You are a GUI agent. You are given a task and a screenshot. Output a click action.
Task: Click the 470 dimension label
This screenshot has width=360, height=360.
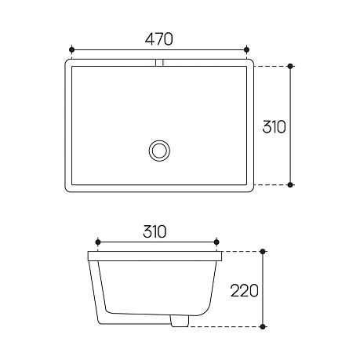click(x=158, y=39)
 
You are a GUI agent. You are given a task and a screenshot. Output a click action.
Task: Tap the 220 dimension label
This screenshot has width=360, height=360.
click(x=244, y=290)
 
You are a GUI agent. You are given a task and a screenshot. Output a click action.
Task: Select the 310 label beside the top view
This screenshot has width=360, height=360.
click(x=274, y=127)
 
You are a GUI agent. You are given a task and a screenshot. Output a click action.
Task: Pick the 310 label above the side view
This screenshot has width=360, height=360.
click(x=155, y=231)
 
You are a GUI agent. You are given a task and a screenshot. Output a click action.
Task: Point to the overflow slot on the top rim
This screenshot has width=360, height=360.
click(x=159, y=63)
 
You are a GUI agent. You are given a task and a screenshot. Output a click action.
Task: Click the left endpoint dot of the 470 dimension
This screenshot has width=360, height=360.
click(x=71, y=49)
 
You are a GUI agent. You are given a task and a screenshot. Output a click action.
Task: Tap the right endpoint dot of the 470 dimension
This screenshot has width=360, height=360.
click(x=246, y=49)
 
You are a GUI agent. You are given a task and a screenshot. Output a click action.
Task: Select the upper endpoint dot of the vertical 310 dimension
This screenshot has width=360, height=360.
click(x=290, y=66)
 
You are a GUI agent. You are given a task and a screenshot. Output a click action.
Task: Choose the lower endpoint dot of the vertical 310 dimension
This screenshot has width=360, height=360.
click(x=290, y=185)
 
